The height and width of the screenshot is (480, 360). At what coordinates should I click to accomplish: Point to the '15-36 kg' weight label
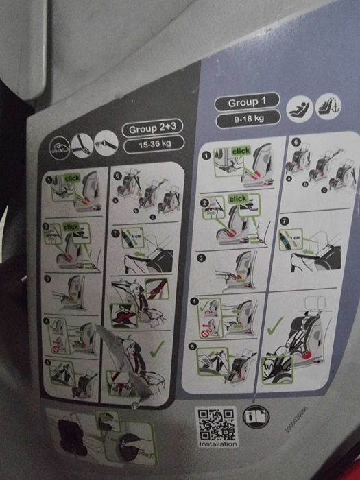[149, 146]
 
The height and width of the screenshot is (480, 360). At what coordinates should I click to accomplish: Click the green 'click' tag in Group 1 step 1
[241, 150]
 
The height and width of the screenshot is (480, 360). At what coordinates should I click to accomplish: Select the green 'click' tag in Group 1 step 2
[238, 199]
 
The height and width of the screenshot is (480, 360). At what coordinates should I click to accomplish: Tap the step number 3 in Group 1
[202, 259]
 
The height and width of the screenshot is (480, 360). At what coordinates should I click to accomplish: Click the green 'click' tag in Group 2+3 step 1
[72, 178]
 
